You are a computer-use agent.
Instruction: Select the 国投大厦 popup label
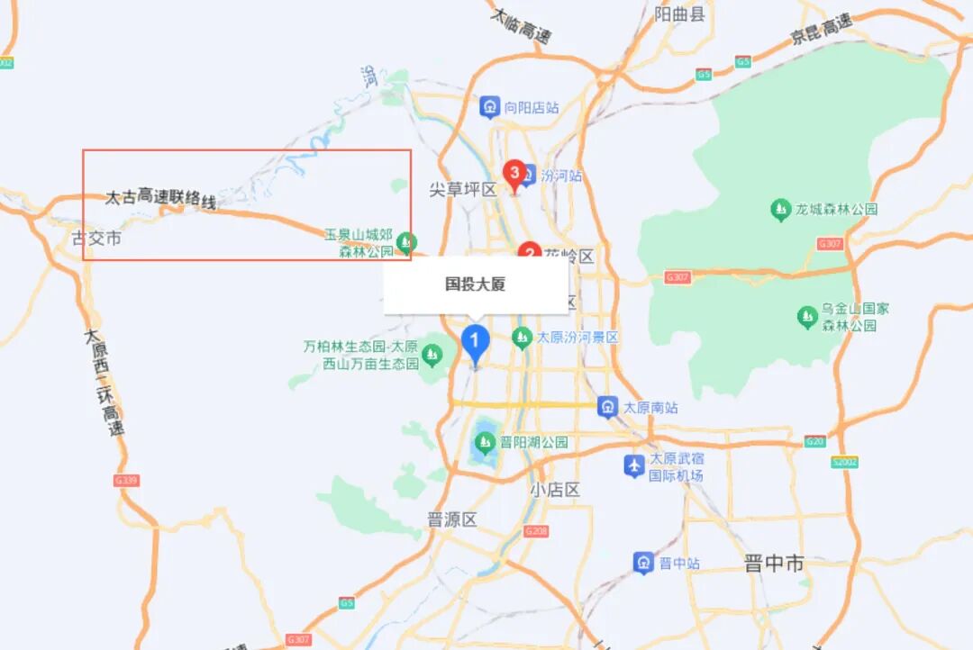click(x=476, y=284)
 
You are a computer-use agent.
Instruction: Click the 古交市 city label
click(x=96, y=239)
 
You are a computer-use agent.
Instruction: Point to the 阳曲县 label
click(x=679, y=14)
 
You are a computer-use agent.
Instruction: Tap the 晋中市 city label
click(x=774, y=564)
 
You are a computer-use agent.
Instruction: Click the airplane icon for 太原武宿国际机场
click(x=635, y=465)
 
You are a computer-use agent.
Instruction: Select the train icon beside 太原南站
click(x=608, y=407)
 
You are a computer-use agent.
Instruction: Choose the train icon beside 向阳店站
click(x=489, y=107)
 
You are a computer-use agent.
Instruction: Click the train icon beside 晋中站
click(x=643, y=564)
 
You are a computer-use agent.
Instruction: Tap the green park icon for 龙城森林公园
click(x=781, y=210)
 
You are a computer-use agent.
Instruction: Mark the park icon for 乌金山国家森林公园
click(x=807, y=316)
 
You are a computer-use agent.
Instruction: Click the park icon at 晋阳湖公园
click(x=486, y=442)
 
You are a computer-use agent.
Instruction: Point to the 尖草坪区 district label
click(x=462, y=189)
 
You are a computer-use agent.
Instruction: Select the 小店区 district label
click(x=554, y=490)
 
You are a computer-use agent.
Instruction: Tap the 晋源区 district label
click(x=451, y=519)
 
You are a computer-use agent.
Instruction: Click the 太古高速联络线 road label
click(x=161, y=196)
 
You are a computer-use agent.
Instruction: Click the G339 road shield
click(x=126, y=481)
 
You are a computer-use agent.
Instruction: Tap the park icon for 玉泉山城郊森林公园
click(x=407, y=242)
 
